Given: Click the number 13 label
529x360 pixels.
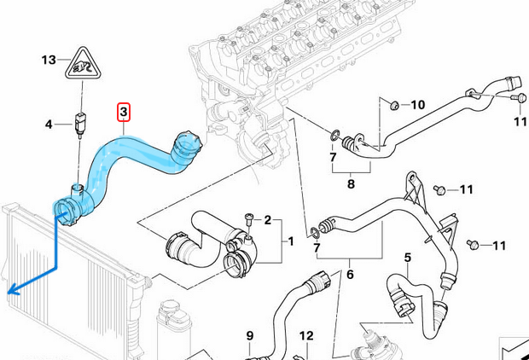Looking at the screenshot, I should pos(49,60).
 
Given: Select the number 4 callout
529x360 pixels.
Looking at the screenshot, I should pos(49,125).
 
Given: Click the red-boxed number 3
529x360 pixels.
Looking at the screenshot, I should pos(124,113).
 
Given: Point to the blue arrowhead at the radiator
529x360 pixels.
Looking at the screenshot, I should pos(11,291).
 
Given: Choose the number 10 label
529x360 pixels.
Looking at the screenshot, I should pos(417,105).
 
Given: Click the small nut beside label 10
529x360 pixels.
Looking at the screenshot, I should pos(394,105).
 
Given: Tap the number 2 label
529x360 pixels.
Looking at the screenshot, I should pos(267,220).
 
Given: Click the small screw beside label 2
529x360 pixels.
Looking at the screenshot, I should pos(248,219).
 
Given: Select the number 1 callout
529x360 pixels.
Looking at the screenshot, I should pos(290,241).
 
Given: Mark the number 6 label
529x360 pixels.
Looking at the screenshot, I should pos(349,275).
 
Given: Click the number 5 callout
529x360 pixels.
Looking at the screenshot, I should pos(408,257).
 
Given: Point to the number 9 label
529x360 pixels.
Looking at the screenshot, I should pos(250,334).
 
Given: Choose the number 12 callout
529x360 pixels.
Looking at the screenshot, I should pos(306,334).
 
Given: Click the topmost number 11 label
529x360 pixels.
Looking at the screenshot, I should pos(520,122).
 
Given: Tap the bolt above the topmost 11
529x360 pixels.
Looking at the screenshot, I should pos(518,100).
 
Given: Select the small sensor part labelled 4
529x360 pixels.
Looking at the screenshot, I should pos(82,123).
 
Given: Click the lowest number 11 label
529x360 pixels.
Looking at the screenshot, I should pos(499,246).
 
